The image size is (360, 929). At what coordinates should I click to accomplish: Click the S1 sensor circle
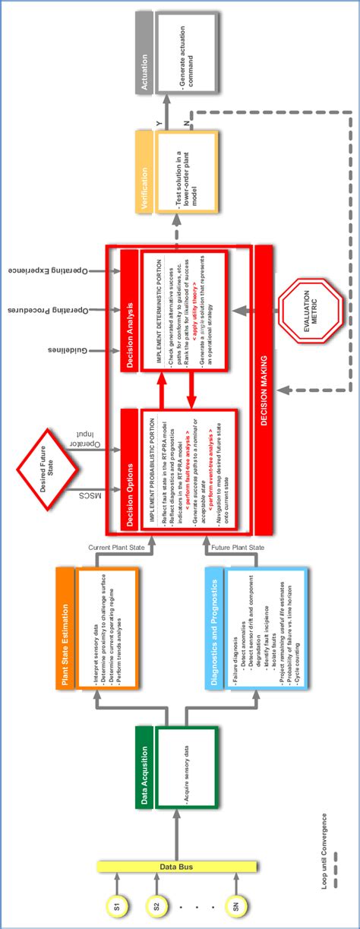116,906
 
